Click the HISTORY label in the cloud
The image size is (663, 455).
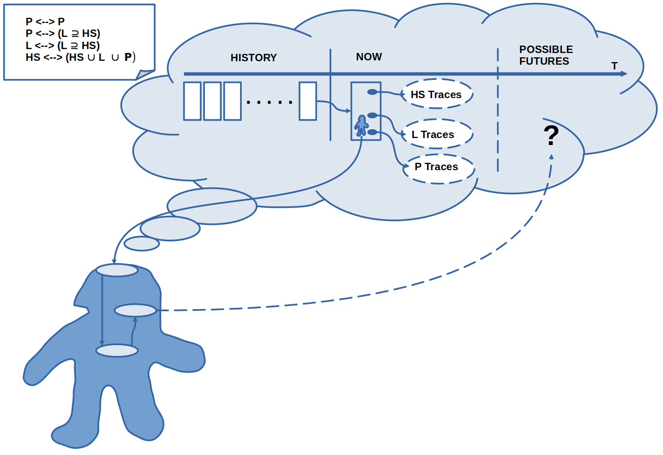coord(254,58)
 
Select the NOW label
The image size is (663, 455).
coord(369,57)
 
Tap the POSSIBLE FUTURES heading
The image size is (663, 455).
coord(545,55)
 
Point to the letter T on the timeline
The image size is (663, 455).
coord(614,66)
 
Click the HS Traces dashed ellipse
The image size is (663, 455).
coord(436,94)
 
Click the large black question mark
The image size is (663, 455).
coord(551,135)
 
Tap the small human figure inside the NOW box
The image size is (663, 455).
coord(361,126)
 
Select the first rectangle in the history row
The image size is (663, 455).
coord(192,101)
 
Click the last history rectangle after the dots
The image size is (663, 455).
coord(308,101)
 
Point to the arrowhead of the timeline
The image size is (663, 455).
coord(624,74)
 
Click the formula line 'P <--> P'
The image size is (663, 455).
coord(45,21)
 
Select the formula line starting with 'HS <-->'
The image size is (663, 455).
coord(80,57)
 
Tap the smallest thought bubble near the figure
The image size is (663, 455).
coord(142,244)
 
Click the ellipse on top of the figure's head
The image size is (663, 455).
coord(117,270)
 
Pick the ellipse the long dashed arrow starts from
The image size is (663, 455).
coord(135,310)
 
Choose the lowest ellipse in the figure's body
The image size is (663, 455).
coord(117,350)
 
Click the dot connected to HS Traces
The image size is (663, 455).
coord(372,92)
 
